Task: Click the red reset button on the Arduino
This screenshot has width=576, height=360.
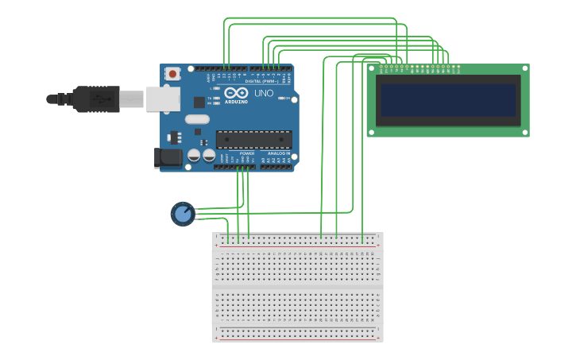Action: click(172, 74)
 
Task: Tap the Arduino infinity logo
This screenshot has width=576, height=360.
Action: click(236, 94)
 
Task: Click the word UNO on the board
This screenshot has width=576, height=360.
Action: click(264, 94)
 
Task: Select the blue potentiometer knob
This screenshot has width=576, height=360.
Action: click(183, 214)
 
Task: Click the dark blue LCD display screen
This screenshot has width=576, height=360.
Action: click(448, 100)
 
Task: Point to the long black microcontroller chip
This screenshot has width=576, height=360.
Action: click(253, 139)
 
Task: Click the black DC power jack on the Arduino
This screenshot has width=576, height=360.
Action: click(168, 157)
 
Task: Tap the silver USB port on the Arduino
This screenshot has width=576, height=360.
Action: click(164, 99)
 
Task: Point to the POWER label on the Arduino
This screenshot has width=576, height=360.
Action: click(236, 153)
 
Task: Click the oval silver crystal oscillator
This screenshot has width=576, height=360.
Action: click(197, 119)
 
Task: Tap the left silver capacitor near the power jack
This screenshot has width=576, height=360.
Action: click(193, 156)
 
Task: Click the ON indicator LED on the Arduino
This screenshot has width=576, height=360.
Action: click(282, 98)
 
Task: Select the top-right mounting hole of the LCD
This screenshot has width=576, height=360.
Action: click(524, 69)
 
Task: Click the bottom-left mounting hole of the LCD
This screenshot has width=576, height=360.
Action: click(372, 132)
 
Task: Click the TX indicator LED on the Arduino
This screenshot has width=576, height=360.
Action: click(216, 98)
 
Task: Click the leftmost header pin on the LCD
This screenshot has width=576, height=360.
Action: click(381, 67)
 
